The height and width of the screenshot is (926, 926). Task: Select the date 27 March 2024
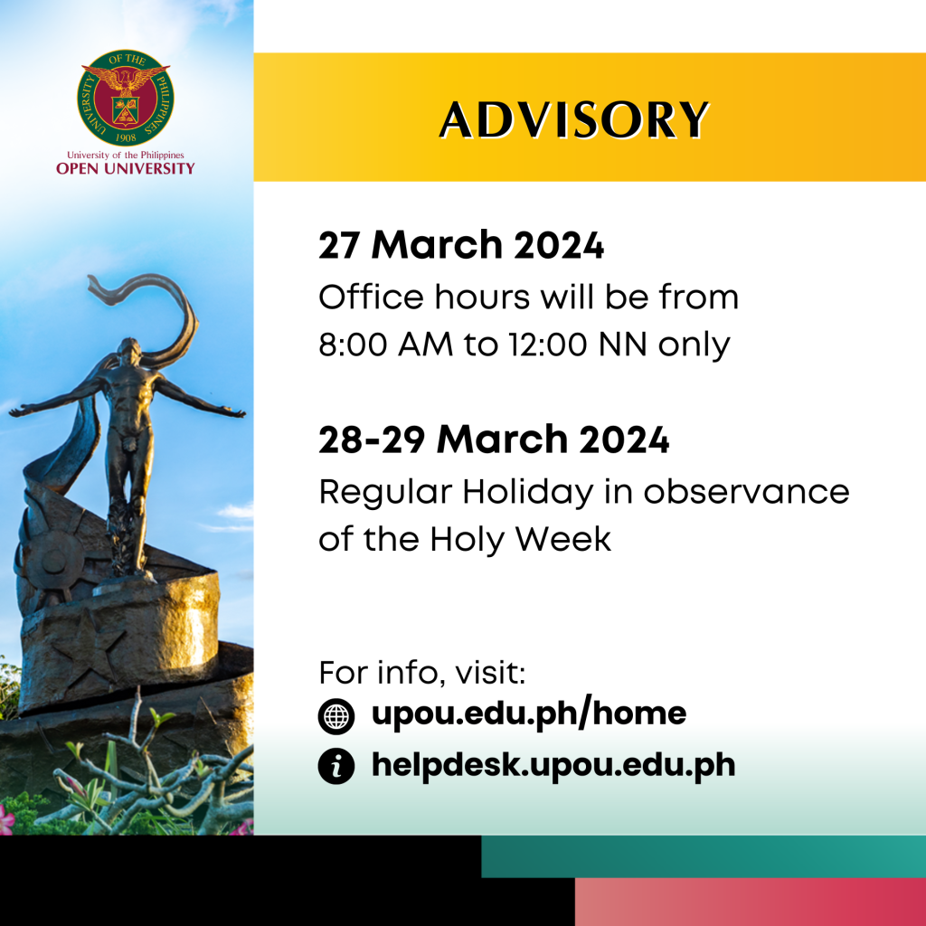click(x=460, y=246)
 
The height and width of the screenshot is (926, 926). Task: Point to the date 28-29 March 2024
click(x=493, y=440)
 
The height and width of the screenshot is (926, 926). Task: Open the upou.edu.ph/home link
click(x=528, y=714)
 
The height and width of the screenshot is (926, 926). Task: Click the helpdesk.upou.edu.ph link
click(x=553, y=766)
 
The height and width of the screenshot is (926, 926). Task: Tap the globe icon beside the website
click(x=336, y=716)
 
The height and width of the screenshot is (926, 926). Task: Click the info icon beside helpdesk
click(x=336, y=767)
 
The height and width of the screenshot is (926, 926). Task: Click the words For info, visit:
click(x=422, y=674)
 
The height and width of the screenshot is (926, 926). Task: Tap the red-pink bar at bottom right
click(x=750, y=902)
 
